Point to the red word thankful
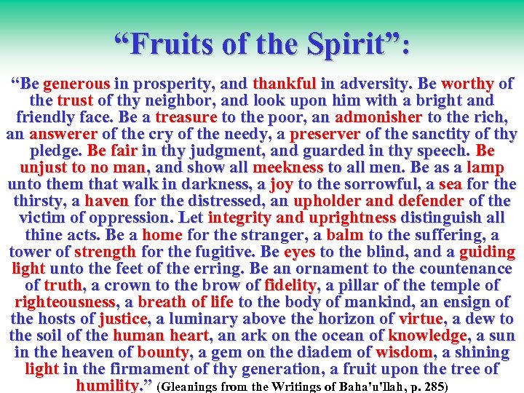(284, 84)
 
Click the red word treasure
(186, 117)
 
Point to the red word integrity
(239, 218)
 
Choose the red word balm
(345, 235)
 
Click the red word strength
(105, 252)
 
